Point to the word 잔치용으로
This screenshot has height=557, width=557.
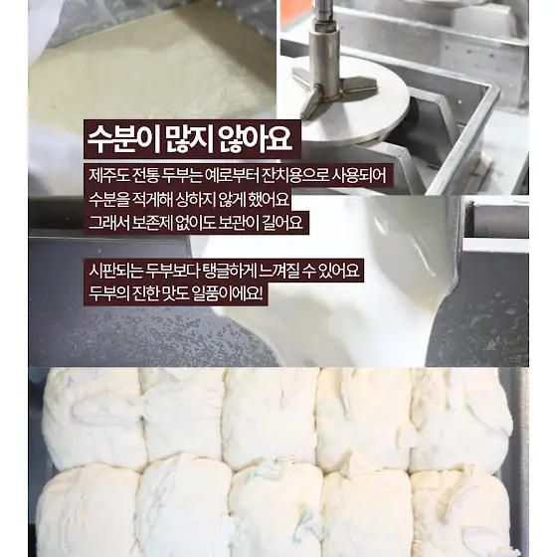point(293,175)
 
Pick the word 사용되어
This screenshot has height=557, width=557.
point(359,175)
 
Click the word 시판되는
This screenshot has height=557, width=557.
point(114,271)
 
